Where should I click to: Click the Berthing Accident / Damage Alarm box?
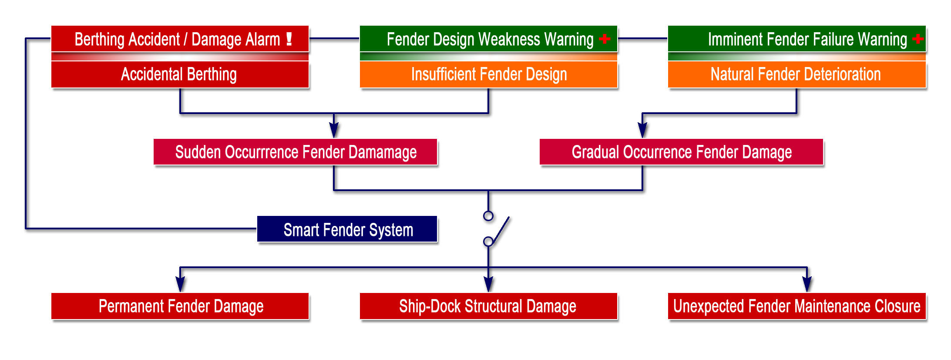(x=180, y=39)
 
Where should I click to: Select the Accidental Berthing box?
(x=180, y=74)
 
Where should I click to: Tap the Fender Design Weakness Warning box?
(x=488, y=39)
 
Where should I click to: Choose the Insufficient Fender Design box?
(x=488, y=74)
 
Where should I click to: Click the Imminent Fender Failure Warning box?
(x=796, y=39)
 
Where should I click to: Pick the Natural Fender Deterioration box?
(x=796, y=74)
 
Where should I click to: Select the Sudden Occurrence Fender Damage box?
(x=295, y=152)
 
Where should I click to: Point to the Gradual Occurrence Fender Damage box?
(x=681, y=152)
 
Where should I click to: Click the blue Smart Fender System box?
(x=347, y=229)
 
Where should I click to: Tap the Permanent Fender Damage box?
(x=180, y=306)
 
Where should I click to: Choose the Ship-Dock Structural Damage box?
(x=488, y=306)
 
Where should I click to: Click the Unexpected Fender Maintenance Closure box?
(x=796, y=306)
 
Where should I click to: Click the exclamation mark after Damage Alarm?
(x=289, y=39)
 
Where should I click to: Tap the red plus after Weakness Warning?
(x=605, y=39)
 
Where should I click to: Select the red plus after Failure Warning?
(x=918, y=39)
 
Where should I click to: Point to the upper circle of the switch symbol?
(x=488, y=216)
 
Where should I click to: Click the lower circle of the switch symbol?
(x=488, y=241)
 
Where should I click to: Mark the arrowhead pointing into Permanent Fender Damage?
(x=180, y=285)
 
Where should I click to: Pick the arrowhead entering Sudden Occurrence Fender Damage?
(x=334, y=130)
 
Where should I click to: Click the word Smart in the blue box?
(x=301, y=229)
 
